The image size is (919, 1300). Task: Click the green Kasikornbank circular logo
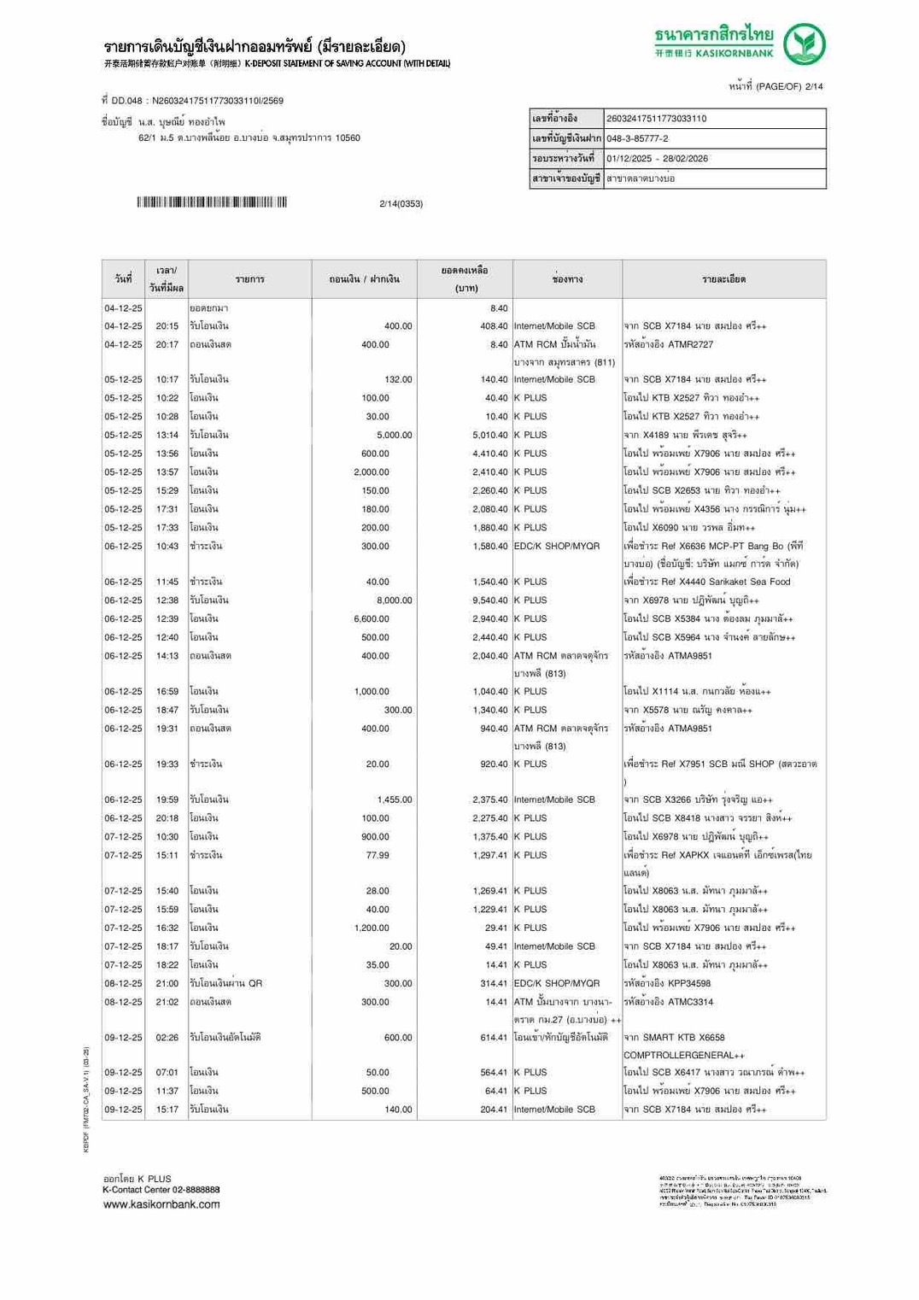[x=804, y=44]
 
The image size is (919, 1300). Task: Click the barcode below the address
[x=212, y=202]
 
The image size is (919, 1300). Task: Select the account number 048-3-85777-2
[x=637, y=138]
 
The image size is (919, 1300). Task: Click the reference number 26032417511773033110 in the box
[x=656, y=119]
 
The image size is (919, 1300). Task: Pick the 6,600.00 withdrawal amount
[x=372, y=619]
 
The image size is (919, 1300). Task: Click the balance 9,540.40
[x=489, y=600]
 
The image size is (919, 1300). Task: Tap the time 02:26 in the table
[x=167, y=1038]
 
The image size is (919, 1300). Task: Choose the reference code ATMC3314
[x=690, y=1002]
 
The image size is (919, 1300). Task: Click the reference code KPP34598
[x=688, y=984]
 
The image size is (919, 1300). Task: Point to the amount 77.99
[x=377, y=855]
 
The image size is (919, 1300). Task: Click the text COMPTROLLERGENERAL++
[x=683, y=1056]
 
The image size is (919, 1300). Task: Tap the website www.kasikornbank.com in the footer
[x=161, y=1204]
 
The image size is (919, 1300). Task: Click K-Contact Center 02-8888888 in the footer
[x=161, y=1190]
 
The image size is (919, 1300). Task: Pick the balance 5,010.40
[x=489, y=436]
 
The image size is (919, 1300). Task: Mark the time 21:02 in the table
[x=167, y=1002]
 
